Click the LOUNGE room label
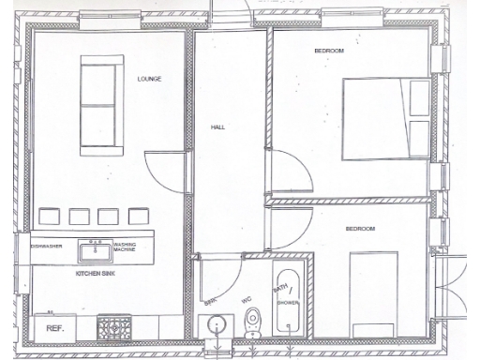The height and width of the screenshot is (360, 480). click(x=149, y=79)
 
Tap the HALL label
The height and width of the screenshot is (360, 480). click(x=217, y=127)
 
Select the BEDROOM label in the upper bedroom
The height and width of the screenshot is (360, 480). click(x=330, y=50)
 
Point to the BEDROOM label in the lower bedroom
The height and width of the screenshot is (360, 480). click(x=360, y=229)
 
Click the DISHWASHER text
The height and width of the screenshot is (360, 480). click(x=47, y=246)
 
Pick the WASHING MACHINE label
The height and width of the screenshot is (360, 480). click(x=126, y=248)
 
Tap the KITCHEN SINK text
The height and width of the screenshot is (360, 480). click(x=94, y=272)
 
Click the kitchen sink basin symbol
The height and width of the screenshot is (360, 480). click(x=93, y=250)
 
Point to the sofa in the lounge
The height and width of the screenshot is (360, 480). click(x=101, y=105)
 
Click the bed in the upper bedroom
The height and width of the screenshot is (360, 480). click(x=385, y=119)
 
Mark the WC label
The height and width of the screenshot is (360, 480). click(x=247, y=299)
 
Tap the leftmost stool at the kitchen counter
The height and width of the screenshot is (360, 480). click(x=49, y=216)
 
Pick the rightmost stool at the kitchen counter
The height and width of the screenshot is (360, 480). click(x=139, y=216)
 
